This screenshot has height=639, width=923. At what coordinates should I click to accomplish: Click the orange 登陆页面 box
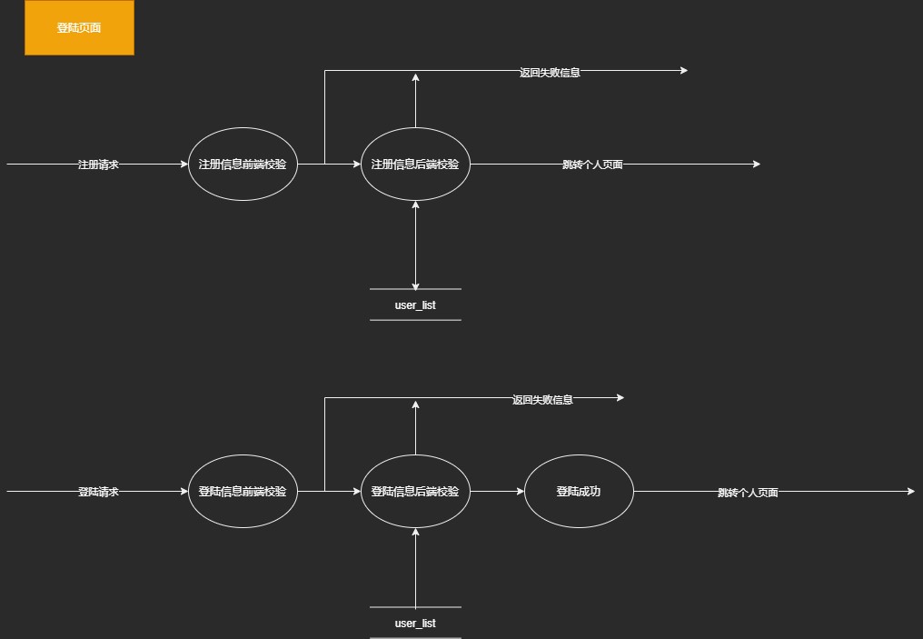click(79, 28)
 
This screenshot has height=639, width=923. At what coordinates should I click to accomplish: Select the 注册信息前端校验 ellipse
click(243, 165)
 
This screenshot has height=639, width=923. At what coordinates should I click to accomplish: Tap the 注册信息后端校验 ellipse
click(415, 165)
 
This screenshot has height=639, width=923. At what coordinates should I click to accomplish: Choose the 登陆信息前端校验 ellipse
click(243, 492)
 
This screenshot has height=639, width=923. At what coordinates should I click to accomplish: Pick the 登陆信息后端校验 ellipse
click(415, 492)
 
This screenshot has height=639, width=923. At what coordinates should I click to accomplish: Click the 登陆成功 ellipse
click(579, 492)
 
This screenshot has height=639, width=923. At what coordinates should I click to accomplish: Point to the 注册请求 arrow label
click(98, 165)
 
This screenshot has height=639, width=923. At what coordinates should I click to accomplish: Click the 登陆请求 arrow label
click(98, 492)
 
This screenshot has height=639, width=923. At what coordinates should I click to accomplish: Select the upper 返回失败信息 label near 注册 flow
click(550, 73)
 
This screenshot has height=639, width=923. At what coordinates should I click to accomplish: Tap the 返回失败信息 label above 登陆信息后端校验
click(542, 399)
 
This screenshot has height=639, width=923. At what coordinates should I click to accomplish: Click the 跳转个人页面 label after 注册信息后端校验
click(592, 165)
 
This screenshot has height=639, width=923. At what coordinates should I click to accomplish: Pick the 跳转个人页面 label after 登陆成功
click(748, 493)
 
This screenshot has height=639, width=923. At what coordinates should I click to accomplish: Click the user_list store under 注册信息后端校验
click(415, 305)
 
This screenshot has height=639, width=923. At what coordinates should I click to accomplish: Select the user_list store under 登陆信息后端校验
click(415, 623)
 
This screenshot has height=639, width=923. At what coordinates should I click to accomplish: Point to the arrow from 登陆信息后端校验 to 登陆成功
click(497, 492)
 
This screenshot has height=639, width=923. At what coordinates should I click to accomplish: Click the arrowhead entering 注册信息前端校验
click(183, 165)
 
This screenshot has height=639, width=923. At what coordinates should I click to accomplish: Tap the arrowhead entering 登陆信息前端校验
click(183, 492)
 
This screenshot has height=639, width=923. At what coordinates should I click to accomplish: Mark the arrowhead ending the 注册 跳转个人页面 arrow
click(755, 165)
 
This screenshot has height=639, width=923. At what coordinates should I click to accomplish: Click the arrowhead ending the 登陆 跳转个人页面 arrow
click(910, 492)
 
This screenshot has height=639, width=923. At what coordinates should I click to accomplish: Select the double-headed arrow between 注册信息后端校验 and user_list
click(415, 244)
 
